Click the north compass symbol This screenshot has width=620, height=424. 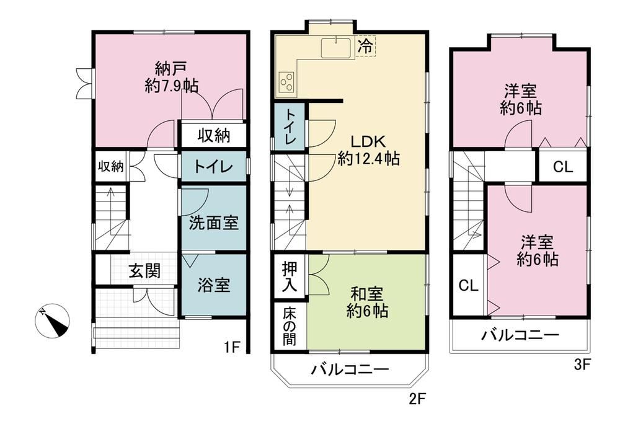[52, 320]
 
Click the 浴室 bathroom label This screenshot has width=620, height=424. [213, 285]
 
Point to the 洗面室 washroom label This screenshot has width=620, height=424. [213, 223]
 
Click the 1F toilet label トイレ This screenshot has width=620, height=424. [213, 167]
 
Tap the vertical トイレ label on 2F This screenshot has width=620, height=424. [291, 126]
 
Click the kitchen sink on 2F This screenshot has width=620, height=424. [335, 48]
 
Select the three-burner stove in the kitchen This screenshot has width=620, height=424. [287, 82]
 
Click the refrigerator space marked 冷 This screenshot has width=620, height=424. [365, 46]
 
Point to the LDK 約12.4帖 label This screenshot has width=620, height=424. [368, 150]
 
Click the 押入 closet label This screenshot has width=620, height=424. [290, 278]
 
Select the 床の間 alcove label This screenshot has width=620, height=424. [290, 327]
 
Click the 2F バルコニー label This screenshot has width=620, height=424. [350, 369]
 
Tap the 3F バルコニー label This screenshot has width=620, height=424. [520, 335]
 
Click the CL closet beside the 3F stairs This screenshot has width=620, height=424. [469, 285]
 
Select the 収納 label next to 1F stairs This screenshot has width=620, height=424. [111, 166]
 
